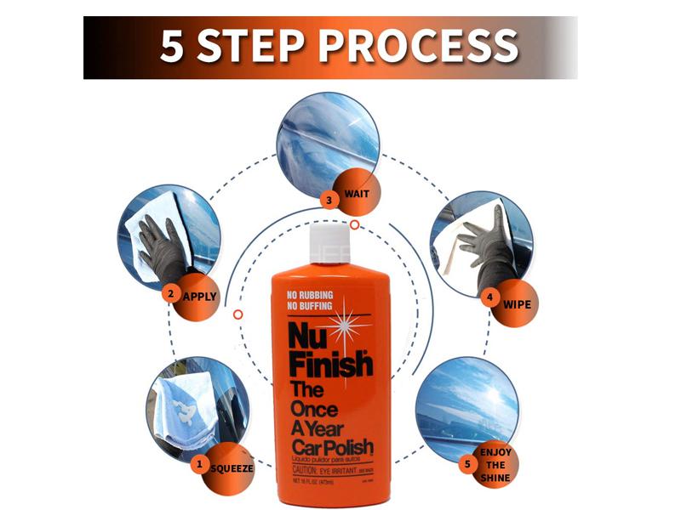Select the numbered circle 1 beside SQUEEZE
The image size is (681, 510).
[x=200, y=464]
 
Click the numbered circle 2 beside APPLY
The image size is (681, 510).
[x=170, y=295]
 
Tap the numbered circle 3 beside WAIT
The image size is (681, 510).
[x=331, y=200]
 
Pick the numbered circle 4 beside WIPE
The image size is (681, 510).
[x=489, y=298]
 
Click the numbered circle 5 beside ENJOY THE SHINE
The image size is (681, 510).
[x=466, y=464]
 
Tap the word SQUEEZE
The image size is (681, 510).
[x=232, y=467]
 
